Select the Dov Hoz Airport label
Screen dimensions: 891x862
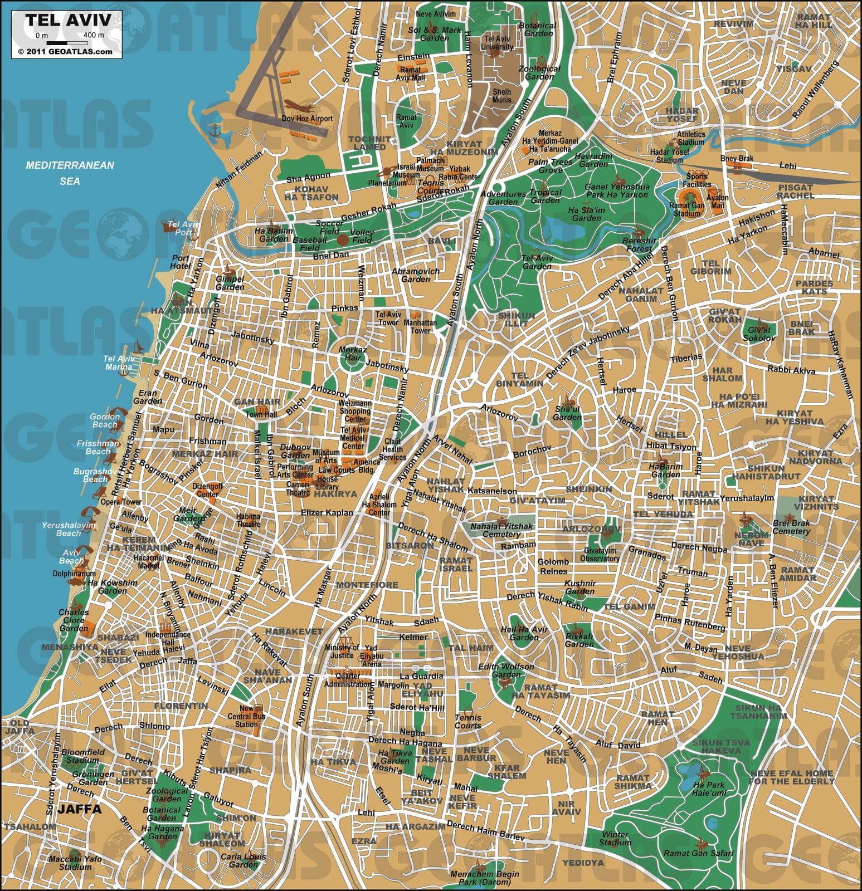[x=307, y=119]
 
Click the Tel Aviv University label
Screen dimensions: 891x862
[x=499, y=43]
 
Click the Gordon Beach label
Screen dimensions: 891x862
[x=105, y=420]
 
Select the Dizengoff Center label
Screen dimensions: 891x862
[x=207, y=490]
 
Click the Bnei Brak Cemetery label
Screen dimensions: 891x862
[x=791, y=527]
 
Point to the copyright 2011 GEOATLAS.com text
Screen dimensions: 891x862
[x=65, y=51]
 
